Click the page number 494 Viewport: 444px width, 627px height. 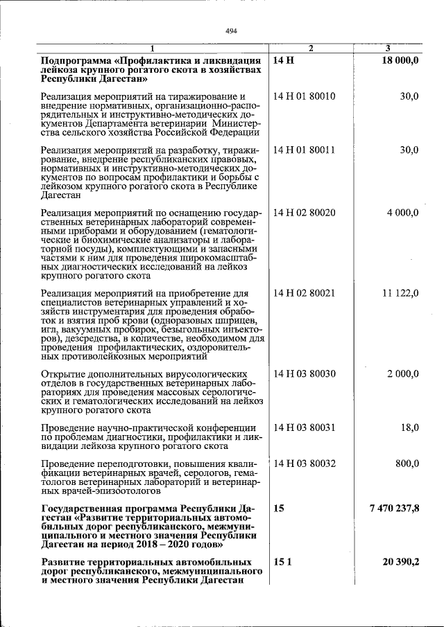click(232, 30)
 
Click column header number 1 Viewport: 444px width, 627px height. click(153, 48)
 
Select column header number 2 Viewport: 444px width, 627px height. click(311, 48)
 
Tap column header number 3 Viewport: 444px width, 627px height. click(388, 48)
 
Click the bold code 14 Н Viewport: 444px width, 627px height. click(283, 61)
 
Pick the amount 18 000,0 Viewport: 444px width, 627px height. click(400, 61)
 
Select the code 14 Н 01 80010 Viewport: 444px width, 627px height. click(304, 96)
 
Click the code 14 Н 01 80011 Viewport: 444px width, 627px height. click(304, 150)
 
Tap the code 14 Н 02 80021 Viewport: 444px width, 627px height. click(304, 293)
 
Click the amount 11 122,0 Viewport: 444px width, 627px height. click(400, 293)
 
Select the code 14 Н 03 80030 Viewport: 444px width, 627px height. click(304, 374)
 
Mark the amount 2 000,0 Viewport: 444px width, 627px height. click(402, 374)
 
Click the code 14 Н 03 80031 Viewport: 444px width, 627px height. click(304, 428)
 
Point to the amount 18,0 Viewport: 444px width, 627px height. click(409, 428)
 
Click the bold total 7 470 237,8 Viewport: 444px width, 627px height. click(394, 509)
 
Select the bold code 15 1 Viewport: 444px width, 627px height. click(281, 562)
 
